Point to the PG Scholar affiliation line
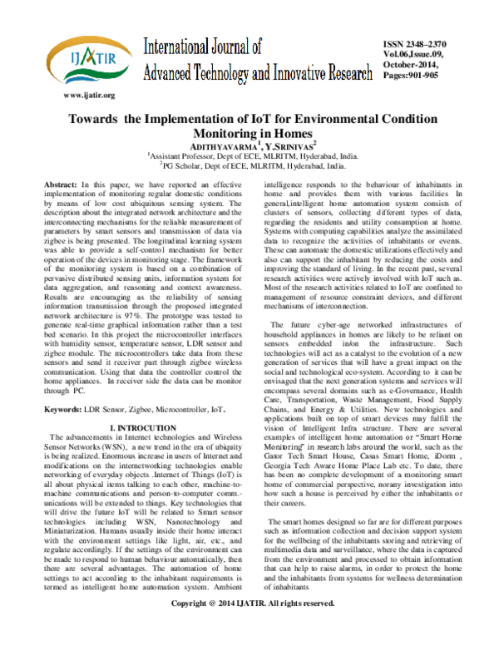[x=249, y=165]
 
